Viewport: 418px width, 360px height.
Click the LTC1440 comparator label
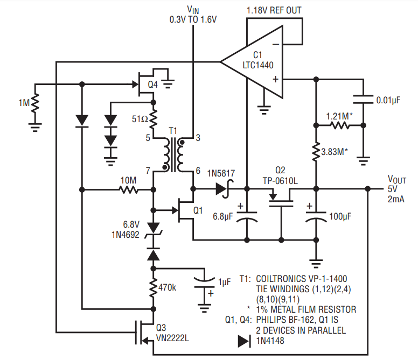pos(258,65)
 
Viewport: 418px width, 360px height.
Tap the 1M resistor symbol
pos(35,103)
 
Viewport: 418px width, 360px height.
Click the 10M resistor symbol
pos(129,189)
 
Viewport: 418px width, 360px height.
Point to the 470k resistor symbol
pos(154,287)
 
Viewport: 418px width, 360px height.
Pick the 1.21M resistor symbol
pos(339,125)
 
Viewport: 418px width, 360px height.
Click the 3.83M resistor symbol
pos(316,152)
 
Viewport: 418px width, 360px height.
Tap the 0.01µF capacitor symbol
pos(363,100)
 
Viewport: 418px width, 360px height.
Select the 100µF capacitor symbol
pos(316,216)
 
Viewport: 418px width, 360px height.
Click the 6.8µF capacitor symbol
pos(247,216)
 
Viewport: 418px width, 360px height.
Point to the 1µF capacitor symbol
pos(205,283)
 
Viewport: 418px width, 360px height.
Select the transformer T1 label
pos(173,131)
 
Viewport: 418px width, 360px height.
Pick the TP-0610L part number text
pos(280,181)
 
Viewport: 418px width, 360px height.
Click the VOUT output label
pos(396,180)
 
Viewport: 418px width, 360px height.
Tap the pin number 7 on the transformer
pos(148,171)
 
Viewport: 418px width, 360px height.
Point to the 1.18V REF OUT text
pos(274,10)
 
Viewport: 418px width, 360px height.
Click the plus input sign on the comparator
pos(275,79)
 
